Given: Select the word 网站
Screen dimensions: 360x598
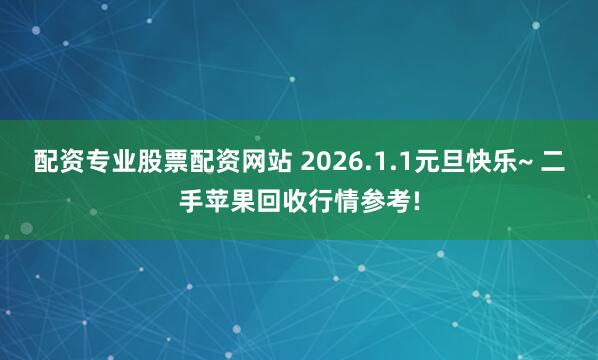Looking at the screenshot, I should pyautogui.click(x=261, y=161).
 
